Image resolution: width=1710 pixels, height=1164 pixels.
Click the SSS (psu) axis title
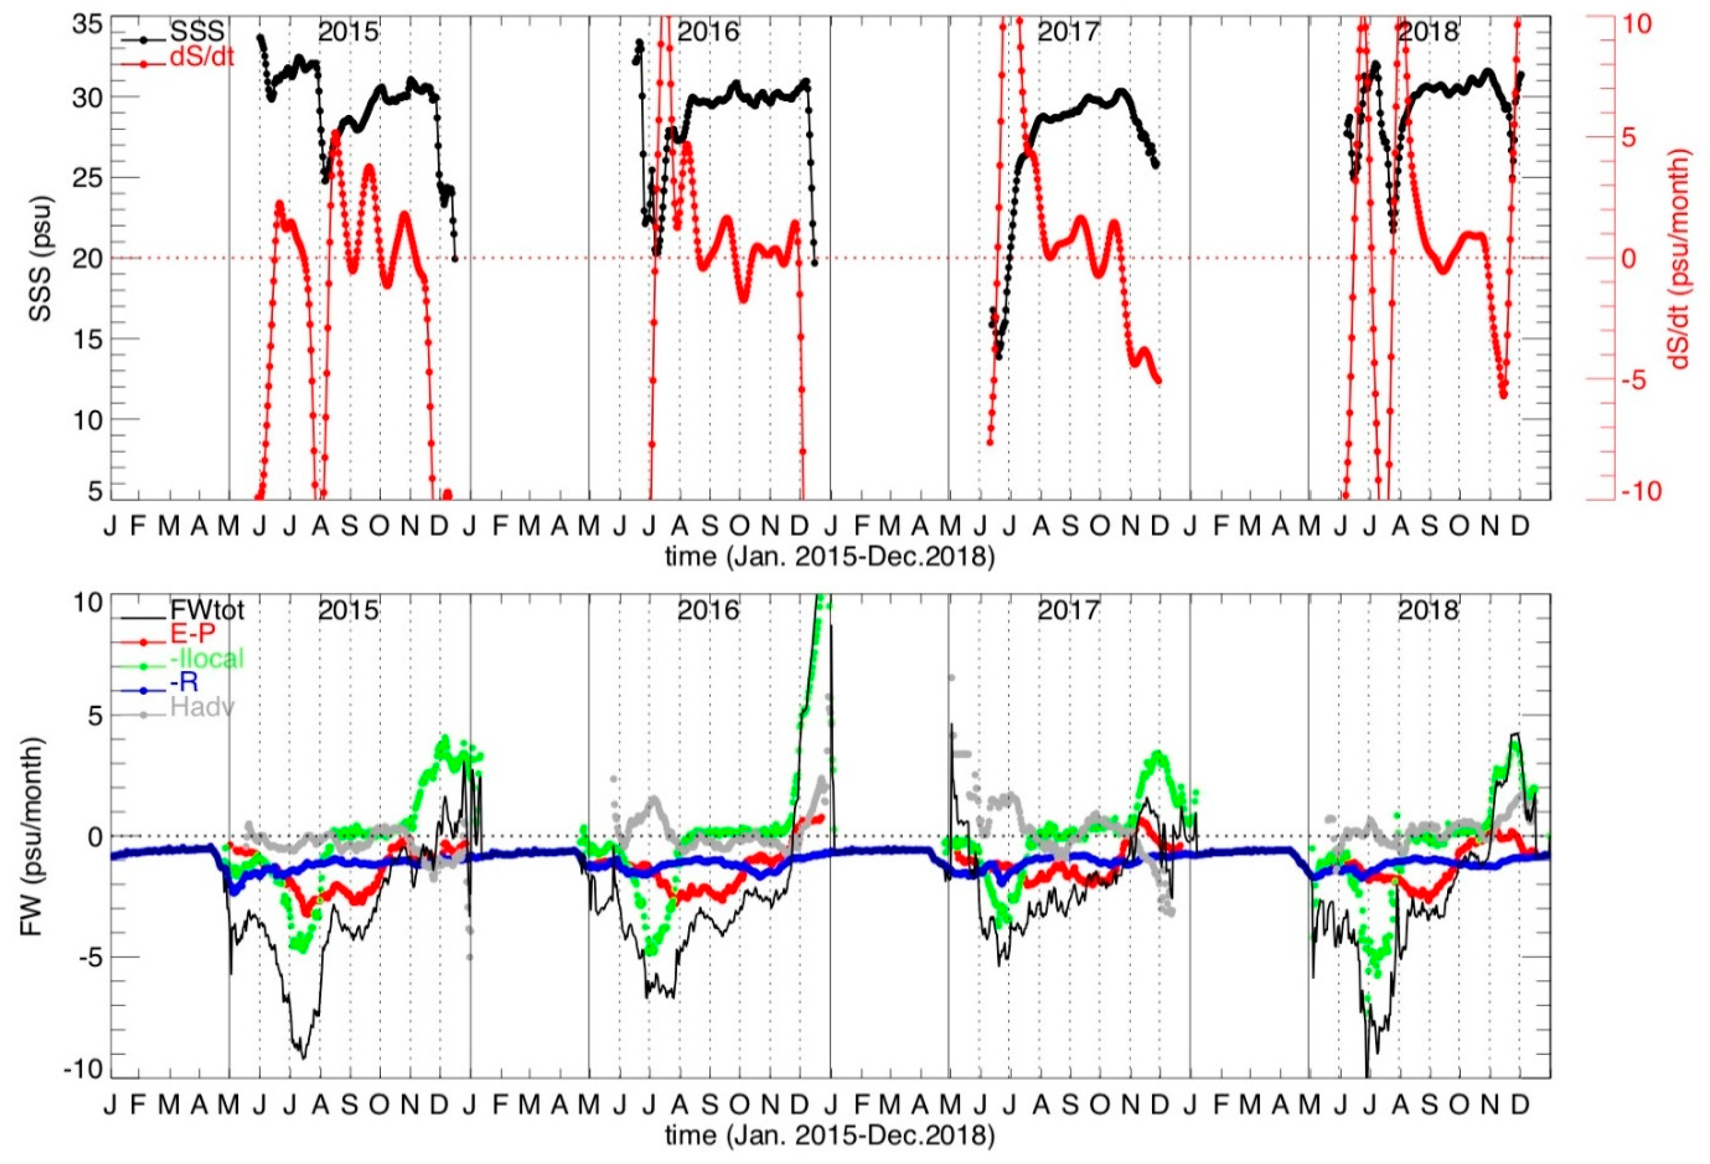tap(40, 258)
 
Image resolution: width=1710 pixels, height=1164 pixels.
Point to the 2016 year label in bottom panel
tap(708, 610)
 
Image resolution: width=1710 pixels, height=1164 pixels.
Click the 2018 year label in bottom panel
tap(1428, 610)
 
